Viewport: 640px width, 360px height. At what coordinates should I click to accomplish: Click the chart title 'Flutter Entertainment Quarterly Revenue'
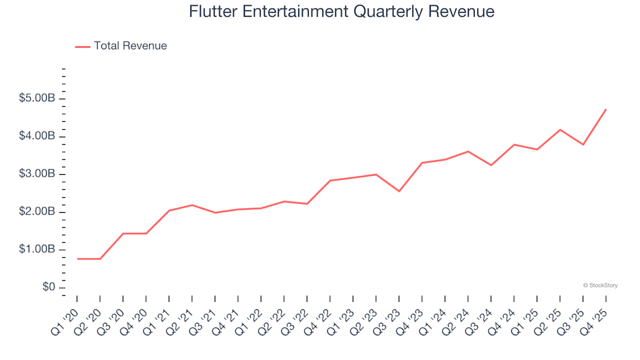tap(341, 11)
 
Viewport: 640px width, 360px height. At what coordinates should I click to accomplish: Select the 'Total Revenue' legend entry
tap(130, 46)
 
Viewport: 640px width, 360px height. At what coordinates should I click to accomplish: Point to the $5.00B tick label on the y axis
tap(38, 99)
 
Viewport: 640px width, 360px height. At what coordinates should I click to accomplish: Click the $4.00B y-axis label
tap(38, 137)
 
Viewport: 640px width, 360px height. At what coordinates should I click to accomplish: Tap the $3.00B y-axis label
tap(38, 175)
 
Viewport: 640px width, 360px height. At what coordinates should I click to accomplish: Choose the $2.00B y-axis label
tap(38, 212)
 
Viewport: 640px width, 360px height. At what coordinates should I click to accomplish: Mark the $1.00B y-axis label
tap(38, 250)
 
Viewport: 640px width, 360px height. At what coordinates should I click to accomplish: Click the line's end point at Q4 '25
tap(605, 109)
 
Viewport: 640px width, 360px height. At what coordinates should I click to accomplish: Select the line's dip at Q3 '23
tap(399, 191)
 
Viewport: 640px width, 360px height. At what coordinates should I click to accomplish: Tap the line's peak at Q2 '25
tap(560, 129)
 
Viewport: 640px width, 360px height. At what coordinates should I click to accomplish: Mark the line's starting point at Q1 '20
tap(77, 259)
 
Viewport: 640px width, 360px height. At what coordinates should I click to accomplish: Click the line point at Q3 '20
tap(123, 233)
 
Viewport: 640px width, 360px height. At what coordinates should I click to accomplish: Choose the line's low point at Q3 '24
tap(491, 165)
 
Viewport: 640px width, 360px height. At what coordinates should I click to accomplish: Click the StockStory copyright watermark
tap(600, 285)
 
